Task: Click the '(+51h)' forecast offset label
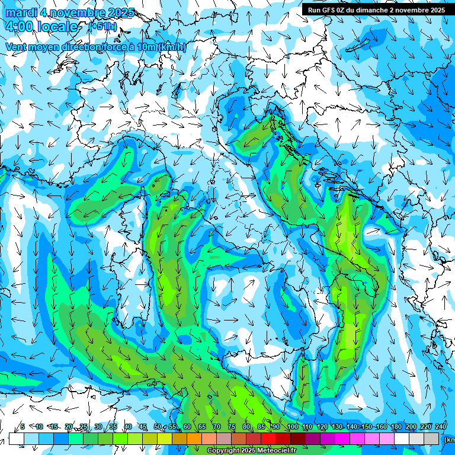pos(103,27)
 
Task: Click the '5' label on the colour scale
pos(23,427)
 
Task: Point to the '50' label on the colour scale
pos(157,427)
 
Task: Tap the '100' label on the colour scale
pos(291,427)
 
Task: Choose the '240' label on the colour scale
pos(440,427)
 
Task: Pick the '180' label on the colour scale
pos(396,427)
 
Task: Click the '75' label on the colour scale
pos(231,427)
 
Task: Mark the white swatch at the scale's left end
pos(16,438)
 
